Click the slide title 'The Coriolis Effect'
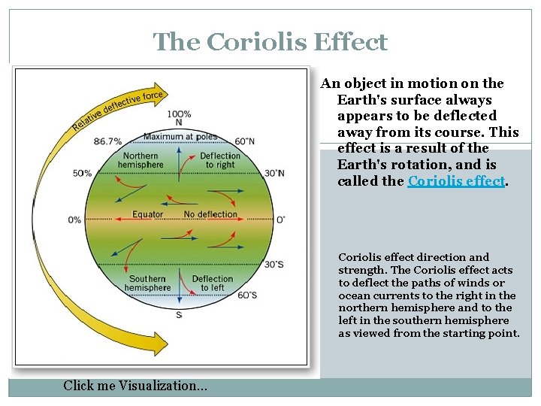click(270, 41)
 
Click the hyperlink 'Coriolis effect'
click(455, 181)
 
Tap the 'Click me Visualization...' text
click(136, 386)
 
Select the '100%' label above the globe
click(179, 114)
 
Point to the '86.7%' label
click(109, 141)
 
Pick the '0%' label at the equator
click(74, 220)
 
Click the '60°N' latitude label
click(244, 141)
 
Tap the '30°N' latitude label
click(274, 173)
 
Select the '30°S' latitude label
click(274, 264)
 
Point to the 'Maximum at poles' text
click(180, 137)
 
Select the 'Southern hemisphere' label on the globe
click(147, 283)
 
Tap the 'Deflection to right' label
click(219, 160)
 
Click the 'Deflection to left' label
click(213, 283)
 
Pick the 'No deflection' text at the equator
click(210, 214)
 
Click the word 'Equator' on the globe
click(147, 214)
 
